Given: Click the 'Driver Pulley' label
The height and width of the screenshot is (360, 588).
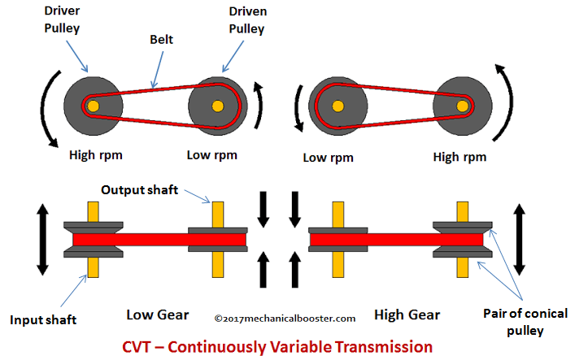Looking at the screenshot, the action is pyautogui.click(x=62, y=20).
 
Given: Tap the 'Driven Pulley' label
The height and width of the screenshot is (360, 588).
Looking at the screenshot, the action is pyautogui.click(x=247, y=20).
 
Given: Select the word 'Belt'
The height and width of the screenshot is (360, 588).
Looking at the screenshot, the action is pyautogui.click(x=161, y=39).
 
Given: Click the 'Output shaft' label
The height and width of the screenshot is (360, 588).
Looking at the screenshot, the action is pyautogui.click(x=140, y=190).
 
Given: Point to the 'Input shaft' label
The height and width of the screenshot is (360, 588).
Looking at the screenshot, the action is pyautogui.click(x=43, y=320).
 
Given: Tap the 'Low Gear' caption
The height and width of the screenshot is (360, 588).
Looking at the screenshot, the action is pyautogui.click(x=158, y=315).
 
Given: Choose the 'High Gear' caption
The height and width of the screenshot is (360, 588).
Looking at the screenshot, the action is pyautogui.click(x=407, y=314).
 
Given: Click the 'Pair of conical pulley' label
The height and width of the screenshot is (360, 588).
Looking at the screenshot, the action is pyautogui.click(x=525, y=322).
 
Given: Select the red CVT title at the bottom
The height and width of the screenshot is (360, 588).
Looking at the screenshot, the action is pyautogui.click(x=277, y=347).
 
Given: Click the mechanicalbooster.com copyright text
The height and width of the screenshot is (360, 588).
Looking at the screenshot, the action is pyautogui.click(x=285, y=319).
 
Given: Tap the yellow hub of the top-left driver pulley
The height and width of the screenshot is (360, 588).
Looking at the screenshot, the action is pyautogui.click(x=93, y=106).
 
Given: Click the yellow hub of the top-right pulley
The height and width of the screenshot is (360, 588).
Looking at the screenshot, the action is pyautogui.click(x=463, y=106).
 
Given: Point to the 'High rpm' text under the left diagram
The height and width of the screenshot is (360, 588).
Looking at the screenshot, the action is pyautogui.click(x=96, y=155).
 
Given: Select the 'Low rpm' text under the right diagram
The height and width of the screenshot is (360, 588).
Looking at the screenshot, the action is pyautogui.click(x=328, y=158).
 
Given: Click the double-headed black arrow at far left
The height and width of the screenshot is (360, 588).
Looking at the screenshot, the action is pyautogui.click(x=42, y=240).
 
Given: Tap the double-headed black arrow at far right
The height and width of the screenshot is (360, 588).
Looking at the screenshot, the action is pyautogui.click(x=519, y=240).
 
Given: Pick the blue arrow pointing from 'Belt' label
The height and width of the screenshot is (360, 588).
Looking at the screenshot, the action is pyautogui.click(x=158, y=70).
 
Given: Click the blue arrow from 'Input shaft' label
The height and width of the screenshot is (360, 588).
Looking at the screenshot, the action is pyautogui.click(x=73, y=291).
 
